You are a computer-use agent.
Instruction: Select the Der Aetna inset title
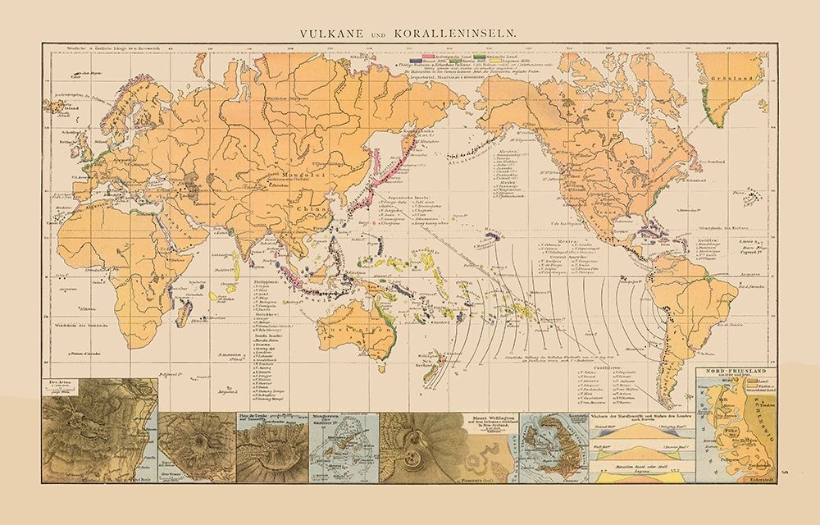coord(61,382)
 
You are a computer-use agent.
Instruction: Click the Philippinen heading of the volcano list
coord(266,279)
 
